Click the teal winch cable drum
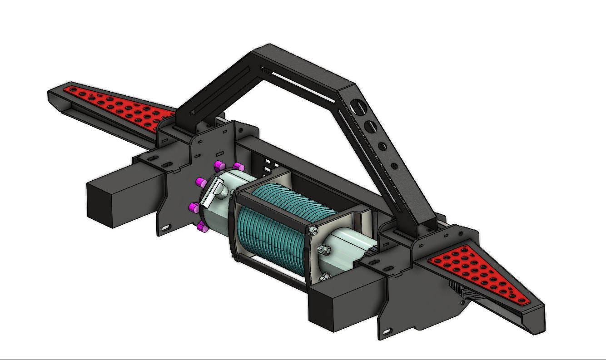(x=273, y=222)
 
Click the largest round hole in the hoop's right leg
(x=360, y=108)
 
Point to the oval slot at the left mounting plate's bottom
(x=166, y=227)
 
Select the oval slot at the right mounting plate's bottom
(x=387, y=333)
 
